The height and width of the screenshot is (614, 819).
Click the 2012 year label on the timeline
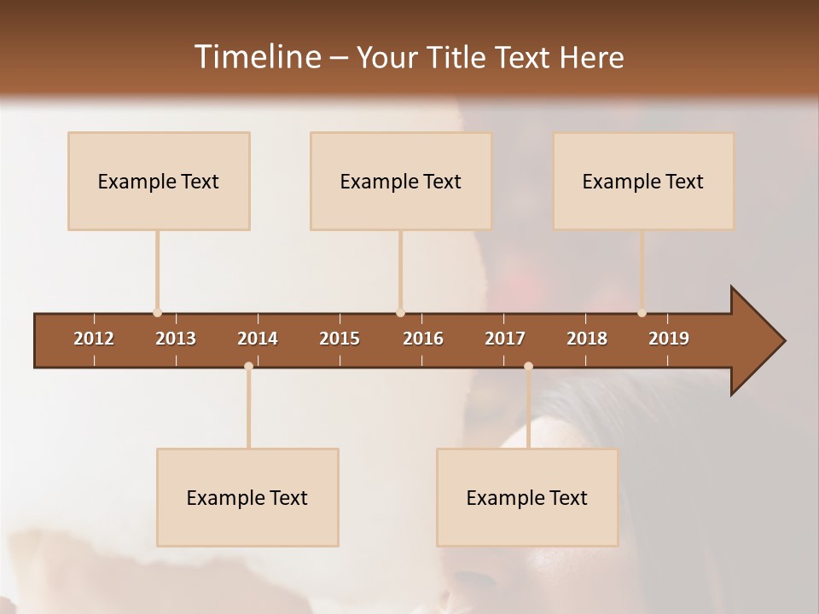coord(94,339)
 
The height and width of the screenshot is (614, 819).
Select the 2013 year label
coord(176,339)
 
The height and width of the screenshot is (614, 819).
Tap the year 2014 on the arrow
coord(258,339)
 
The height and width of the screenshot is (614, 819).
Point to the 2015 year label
coord(340,339)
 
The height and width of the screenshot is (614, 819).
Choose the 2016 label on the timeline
coord(423,339)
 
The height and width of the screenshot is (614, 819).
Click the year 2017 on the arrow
coord(505,339)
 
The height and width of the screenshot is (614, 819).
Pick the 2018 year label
coord(587,339)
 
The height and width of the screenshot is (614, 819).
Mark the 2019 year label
coord(669,339)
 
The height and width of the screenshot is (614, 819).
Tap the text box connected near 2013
coord(159,181)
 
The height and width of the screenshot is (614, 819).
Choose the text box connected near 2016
coord(401,181)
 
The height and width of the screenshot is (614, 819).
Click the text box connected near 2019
coord(643,181)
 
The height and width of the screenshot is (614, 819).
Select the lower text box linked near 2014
coord(247,497)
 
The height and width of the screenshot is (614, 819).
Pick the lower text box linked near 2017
coord(527,497)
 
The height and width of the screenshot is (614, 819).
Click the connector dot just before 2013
coord(157,313)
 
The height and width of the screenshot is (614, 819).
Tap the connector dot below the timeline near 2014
coord(248,366)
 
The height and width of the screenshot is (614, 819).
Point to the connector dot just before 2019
coord(642,313)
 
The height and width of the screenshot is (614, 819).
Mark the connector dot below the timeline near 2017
coord(528,366)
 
